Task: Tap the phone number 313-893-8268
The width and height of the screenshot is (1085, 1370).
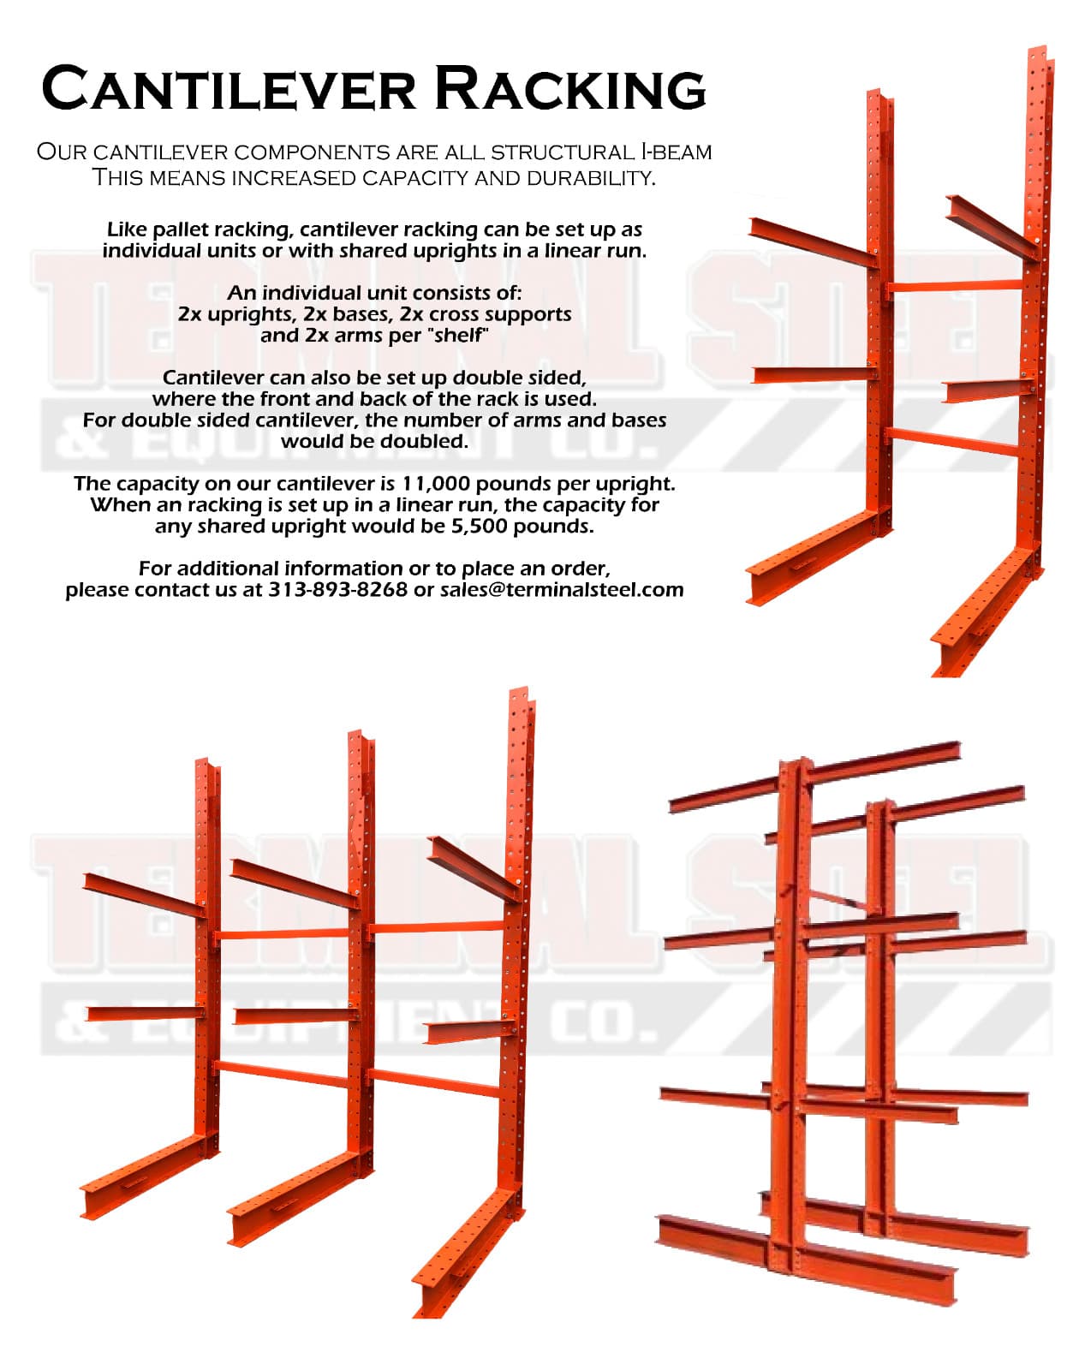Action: (x=337, y=590)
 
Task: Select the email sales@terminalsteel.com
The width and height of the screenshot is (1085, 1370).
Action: (x=562, y=590)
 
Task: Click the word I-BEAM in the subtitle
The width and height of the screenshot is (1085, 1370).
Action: (x=677, y=152)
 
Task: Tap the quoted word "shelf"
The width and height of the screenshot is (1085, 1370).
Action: (x=459, y=336)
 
